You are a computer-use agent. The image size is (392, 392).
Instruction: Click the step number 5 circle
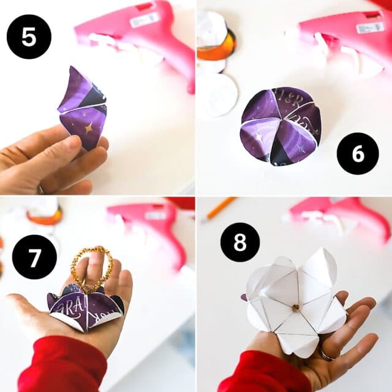(28, 36)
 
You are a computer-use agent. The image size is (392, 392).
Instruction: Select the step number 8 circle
(240, 242)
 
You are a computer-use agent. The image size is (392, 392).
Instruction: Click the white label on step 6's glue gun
(370, 28)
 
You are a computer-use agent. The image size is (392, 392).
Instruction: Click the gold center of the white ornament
(294, 304)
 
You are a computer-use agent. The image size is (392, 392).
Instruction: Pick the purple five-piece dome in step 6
(281, 126)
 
